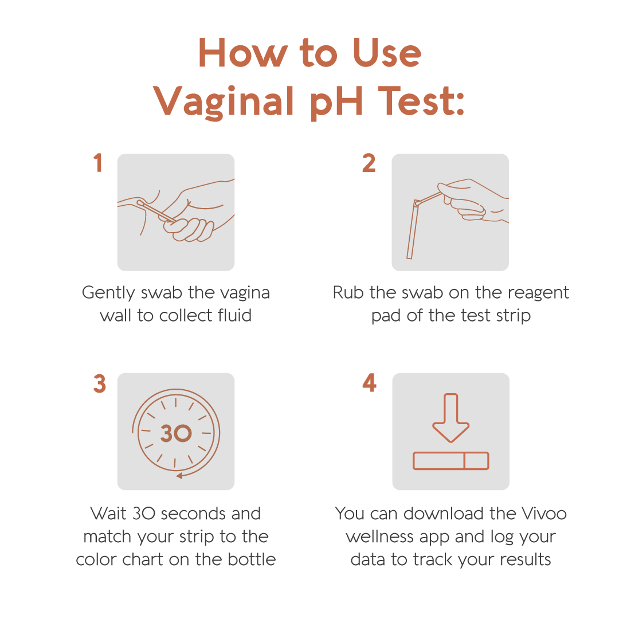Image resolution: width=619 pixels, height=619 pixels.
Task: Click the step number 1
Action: pyautogui.click(x=99, y=163)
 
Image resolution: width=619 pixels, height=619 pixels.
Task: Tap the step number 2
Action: pyautogui.click(x=369, y=163)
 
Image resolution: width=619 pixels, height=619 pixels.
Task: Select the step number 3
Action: pyautogui.click(x=100, y=383)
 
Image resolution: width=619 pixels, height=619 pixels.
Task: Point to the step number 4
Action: pyautogui.click(x=370, y=382)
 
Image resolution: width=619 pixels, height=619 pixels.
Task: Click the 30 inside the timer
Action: pyautogui.click(x=176, y=433)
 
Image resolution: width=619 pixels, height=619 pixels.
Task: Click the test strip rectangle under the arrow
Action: pyautogui.click(x=451, y=461)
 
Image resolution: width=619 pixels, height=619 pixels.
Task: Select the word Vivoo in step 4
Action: pyautogui.click(x=544, y=514)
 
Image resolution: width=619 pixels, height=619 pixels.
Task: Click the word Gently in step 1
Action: pyautogui.click(x=108, y=293)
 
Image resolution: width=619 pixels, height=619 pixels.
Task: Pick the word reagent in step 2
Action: pyautogui.click(x=538, y=293)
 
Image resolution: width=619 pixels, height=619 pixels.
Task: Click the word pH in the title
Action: pyautogui.click(x=336, y=102)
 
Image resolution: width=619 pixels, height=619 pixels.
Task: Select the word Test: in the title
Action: pyautogui.click(x=421, y=101)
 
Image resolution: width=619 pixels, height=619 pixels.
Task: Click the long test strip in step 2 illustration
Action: pyautogui.click(x=413, y=229)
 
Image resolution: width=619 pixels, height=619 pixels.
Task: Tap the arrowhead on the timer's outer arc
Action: pyautogui.click(x=179, y=476)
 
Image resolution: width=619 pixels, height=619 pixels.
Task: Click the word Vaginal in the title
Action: pyautogui.click(x=224, y=102)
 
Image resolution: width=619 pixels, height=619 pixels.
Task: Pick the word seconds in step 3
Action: pyautogui.click(x=194, y=514)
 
